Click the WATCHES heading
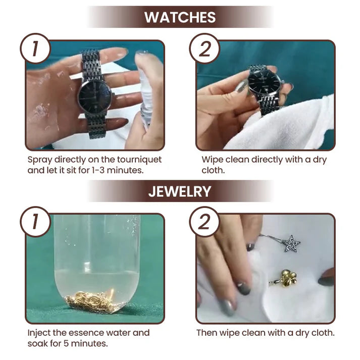point(180,17)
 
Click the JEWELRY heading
point(180,191)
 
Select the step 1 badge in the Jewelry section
point(35,222)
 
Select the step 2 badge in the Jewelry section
point(204,222)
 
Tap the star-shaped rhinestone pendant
point(291,244)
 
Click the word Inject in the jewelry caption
point(38,333)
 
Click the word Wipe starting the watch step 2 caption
point(212,160)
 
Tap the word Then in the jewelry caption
point(207,333)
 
